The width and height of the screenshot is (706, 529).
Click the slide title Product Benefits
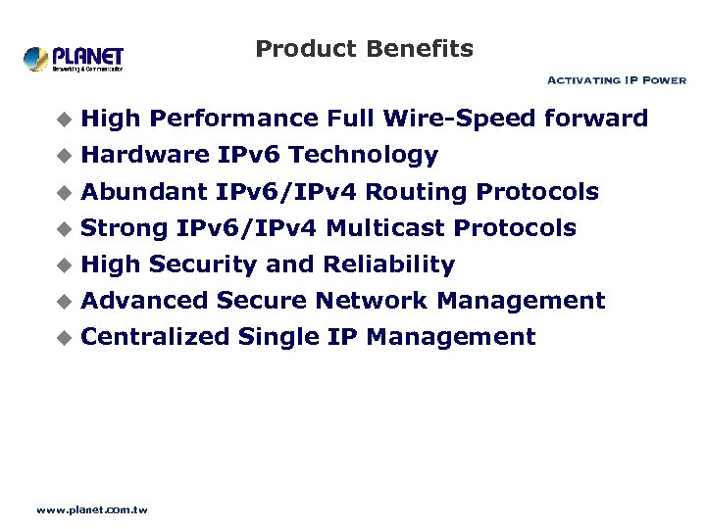coord(364,49)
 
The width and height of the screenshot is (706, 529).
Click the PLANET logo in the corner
coord(74,59)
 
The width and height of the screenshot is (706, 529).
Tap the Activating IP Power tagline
coord(616,80)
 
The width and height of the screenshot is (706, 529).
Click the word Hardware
coord(145,155)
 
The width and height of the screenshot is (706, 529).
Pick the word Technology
coord(364,155)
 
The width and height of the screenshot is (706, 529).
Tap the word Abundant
coord(144,191)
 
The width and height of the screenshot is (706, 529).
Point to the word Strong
coord(125,228)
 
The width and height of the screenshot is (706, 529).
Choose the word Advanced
coord(145,301)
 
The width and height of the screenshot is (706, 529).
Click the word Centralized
coord(156,337)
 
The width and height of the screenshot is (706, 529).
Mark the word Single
coord(278,337)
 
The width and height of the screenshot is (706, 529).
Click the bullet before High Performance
coord(65,120)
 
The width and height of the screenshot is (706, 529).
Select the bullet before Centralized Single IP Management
coord(65,338)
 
